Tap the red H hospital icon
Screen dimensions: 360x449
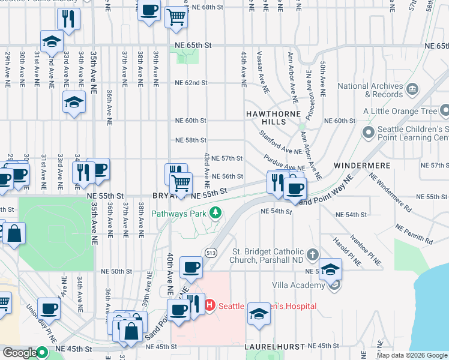210,306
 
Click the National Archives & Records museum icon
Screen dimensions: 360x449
412,90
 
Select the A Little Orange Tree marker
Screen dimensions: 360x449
444,111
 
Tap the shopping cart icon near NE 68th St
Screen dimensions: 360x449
176,17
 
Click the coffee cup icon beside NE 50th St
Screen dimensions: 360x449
191,267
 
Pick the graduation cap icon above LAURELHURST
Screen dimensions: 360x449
259,314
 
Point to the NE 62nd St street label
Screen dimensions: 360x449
191,83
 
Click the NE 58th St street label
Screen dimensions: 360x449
191,140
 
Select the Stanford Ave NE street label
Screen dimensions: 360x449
280,143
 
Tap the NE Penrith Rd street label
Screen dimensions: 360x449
414,233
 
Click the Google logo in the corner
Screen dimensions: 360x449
20,353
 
